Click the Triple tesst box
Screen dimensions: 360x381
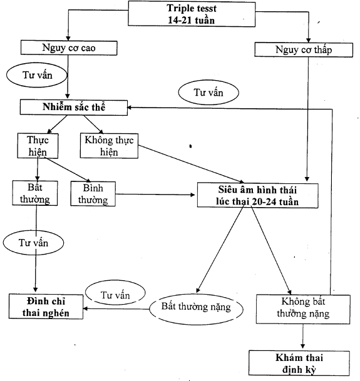click(x=192, y=14)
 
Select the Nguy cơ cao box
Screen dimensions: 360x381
click(x=69, y=48)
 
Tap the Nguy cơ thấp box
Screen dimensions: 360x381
click(x=304, y=50)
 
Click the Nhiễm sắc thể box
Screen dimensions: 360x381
click(x=74, y=107)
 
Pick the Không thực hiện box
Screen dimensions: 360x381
click(x=109, y=146)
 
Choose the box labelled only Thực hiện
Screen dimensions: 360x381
click(x=38, y=146)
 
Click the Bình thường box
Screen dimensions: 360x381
click(x=93, y=194)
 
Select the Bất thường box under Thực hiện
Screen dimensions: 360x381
click(x=35, y=193)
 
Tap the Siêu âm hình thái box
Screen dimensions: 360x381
click(x=257, y=196)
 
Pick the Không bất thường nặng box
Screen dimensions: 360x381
click(x=303, y=309)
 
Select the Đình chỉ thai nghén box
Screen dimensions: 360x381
click(x=46, y=307)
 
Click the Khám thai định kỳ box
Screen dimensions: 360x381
click(x=299, y=363)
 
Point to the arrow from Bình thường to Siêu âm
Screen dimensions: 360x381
click(x=155, y=195)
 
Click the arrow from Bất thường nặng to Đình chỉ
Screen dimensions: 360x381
click(x=116, y=309)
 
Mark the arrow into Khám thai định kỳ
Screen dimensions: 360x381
click(x=303, y=337)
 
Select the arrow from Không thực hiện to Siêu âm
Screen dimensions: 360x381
click(x=191, y=164)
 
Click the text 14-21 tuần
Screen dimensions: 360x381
click(x=192, y=20)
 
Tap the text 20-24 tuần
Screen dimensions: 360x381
click(x=275, y=201)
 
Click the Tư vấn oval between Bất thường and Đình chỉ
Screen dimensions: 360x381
click(x=34, y=243)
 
